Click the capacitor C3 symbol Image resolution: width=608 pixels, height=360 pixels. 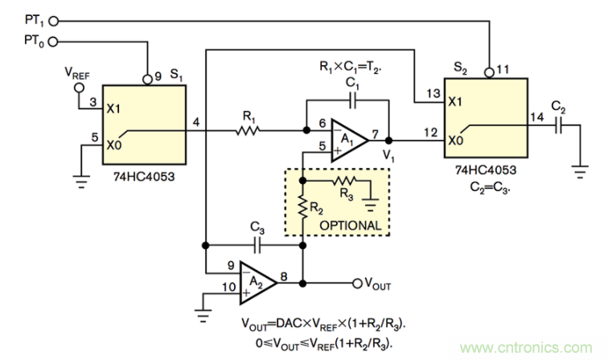point(257,243)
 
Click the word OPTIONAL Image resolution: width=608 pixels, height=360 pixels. point(352,225)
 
